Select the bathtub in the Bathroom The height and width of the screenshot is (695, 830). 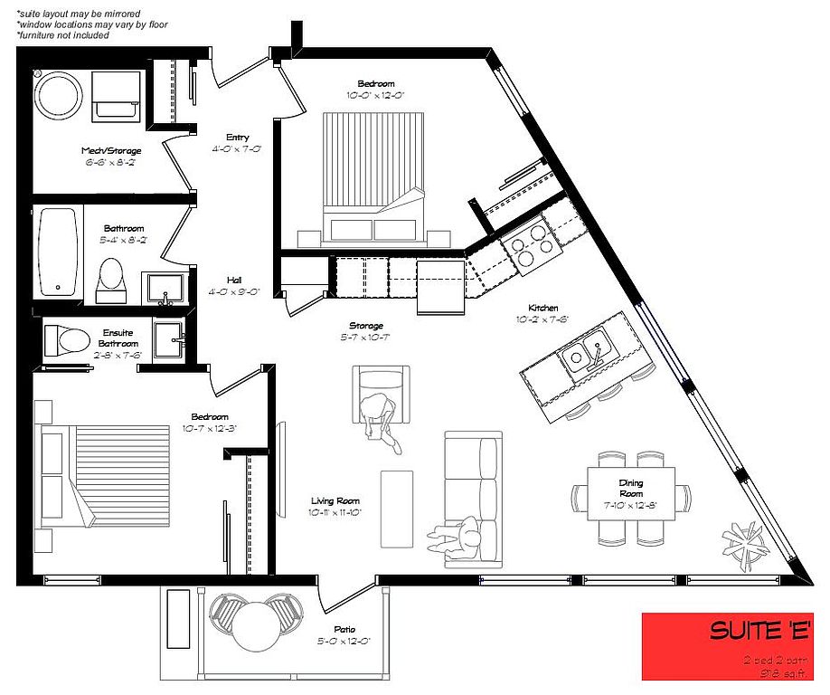point(59,252)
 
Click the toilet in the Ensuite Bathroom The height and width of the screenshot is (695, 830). point(67,340)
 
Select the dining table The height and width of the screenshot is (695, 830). point(631,497)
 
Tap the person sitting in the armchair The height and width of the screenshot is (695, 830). point(381,416)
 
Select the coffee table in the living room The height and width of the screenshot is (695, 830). point(396,508)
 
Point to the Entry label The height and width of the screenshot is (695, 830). point(237,143)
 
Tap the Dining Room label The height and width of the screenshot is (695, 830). point(630,489)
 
